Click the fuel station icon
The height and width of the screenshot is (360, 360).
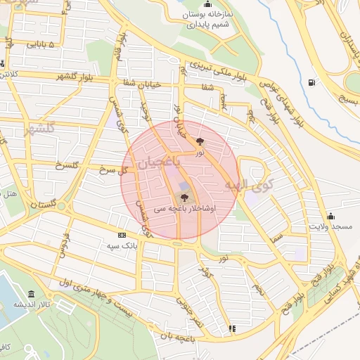[311, 82]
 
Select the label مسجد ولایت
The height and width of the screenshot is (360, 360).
[332, 228]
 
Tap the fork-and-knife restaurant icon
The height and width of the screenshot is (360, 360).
[233, 328]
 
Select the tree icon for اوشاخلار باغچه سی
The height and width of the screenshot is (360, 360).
[184, 198]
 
